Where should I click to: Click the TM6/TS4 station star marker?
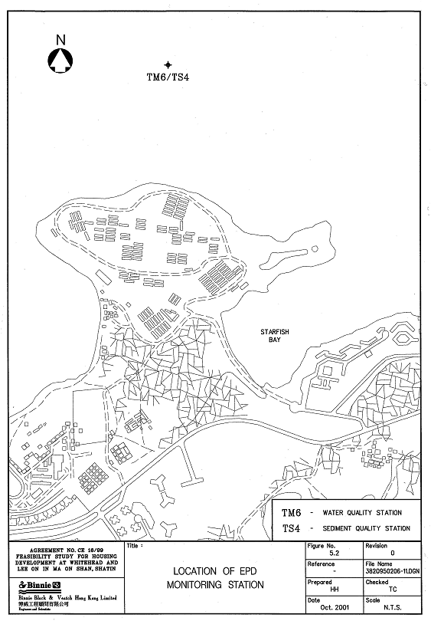[x=168, y=65]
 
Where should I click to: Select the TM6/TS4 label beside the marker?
[x=168, y=77]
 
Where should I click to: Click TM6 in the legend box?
[x=292, y=513]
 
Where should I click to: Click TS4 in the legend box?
[x=292, y=528]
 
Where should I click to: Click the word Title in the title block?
[x=133, y=547]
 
